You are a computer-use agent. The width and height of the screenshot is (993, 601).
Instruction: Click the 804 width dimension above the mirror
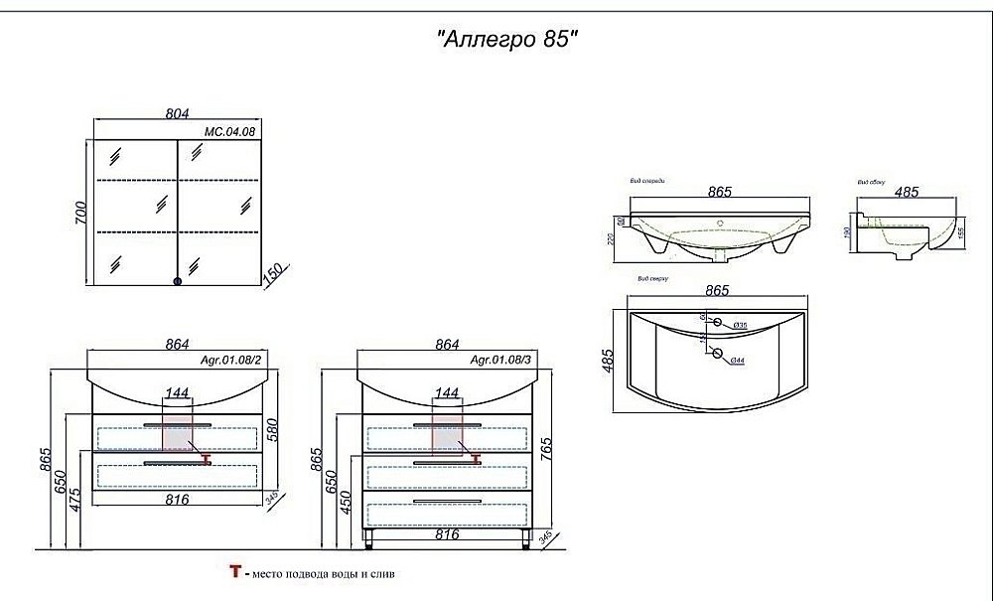point(177,113)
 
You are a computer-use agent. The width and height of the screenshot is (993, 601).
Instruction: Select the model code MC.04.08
point(223,130)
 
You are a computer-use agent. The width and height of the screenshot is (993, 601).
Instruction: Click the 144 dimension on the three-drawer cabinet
point(447,393)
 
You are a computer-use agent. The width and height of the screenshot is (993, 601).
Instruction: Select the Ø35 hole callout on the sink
point(739,326)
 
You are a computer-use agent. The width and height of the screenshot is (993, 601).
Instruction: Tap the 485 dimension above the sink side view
point(907,192)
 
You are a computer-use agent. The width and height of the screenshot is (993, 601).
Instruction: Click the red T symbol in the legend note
point(235,573)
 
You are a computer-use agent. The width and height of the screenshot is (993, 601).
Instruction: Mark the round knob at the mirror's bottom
point(178,282)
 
